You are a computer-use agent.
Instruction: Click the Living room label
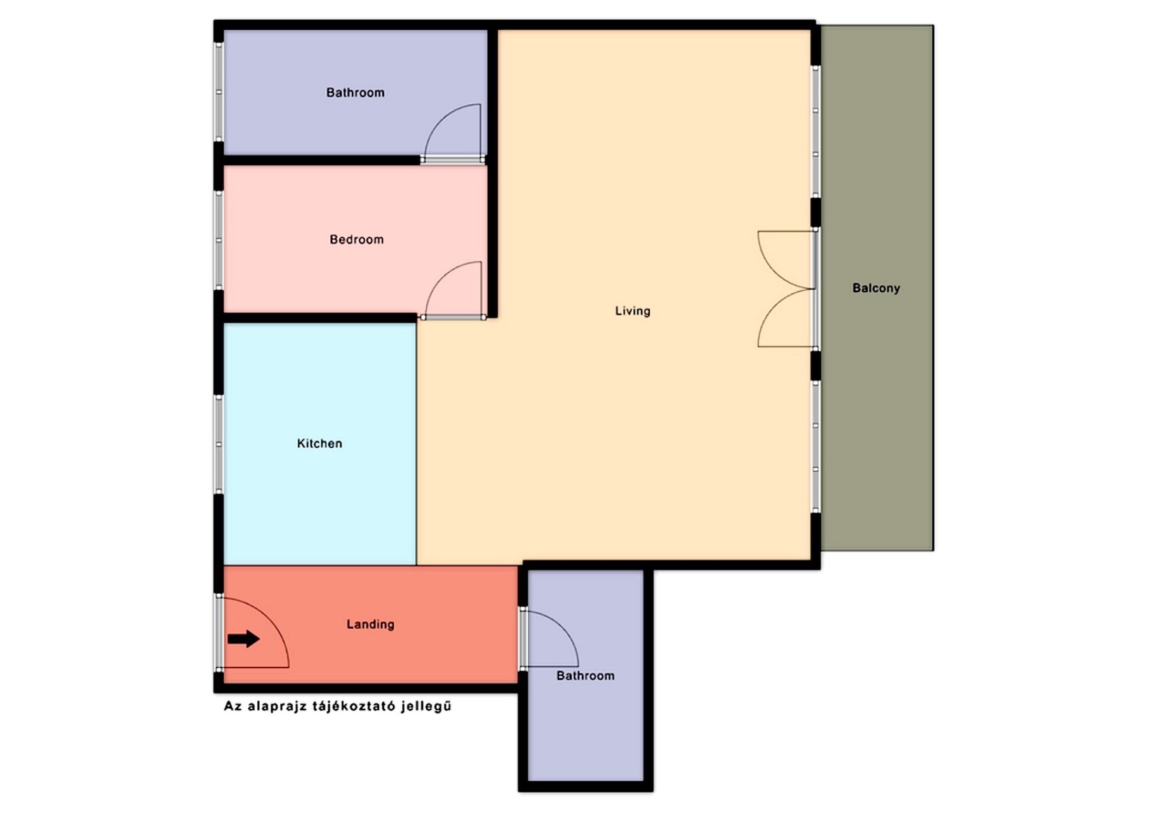pyautogui.click(x=633, y=311)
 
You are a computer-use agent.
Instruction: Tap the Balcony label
pyautogui.click(x=876, y=288)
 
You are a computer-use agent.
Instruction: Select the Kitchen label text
pyautogui.click(x=319, y=443)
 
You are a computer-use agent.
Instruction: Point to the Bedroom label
pyautogui.click(x=356, y=239)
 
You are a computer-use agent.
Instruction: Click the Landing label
pyautogui.click(x=370, y=624)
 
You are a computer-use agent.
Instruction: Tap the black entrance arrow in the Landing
pyautogui.click(x=244, y=638)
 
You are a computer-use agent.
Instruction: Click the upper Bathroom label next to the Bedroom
pyautogui.click(x=355, y=93)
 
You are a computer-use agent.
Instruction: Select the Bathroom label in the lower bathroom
pyautogui.click(x=585, y=676)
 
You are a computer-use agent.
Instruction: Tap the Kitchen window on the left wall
pyautogui.click(x=219, y=445)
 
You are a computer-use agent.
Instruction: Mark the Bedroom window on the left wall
pyautogui.click(x=219, y=240)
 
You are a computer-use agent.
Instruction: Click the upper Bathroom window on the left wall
pyautogui.click(x=219, y=92)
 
